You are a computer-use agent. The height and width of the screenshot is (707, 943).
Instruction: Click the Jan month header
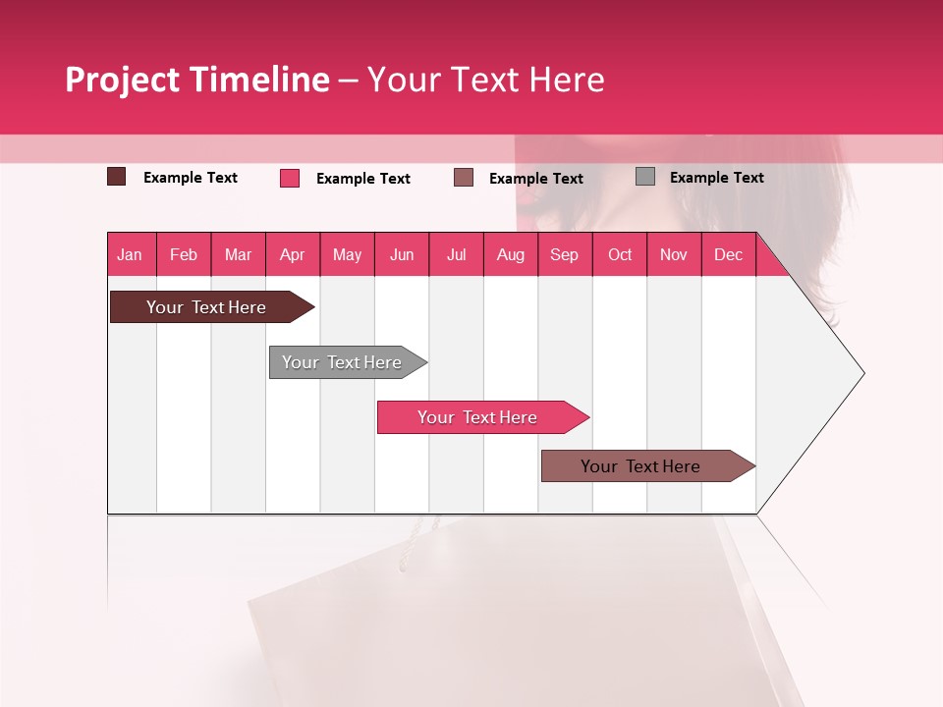click(131, 254)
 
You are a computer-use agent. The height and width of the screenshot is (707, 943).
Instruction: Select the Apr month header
click(293, 254)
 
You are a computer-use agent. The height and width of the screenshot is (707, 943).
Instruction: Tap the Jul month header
click(456, 254)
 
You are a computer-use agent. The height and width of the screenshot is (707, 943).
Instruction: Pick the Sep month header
click(565, 254)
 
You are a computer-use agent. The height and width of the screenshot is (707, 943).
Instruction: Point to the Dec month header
click(728, 254)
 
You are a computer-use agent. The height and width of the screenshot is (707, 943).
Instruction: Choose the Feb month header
click(184, 254)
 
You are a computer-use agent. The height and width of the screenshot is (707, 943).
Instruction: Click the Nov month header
click(674, 254)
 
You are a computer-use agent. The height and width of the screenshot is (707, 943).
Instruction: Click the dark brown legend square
click(116, 177)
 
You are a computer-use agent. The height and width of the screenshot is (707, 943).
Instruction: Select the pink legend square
click(290, 178)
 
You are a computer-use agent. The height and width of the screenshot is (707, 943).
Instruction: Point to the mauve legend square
click(464, 177)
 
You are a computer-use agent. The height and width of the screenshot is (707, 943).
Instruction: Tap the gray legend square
click(645, 176)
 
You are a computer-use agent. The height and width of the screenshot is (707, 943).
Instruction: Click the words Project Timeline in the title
click(197, 80)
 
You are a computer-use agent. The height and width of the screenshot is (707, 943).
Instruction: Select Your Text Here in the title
click(485, 80)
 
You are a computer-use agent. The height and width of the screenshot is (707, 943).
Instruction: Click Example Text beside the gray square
click(716, 177)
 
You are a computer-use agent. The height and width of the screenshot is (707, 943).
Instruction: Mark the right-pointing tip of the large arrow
click(861, 372)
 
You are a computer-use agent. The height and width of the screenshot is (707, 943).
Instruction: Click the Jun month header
click(402, 254)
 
